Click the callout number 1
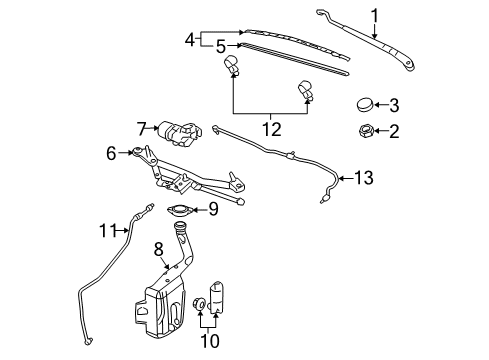click(375, 15)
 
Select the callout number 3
click(394, 104)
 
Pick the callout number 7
click(142, 129)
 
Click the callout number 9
click(212, 209)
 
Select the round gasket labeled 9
click(181, 210)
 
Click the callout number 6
click(112, 152)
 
